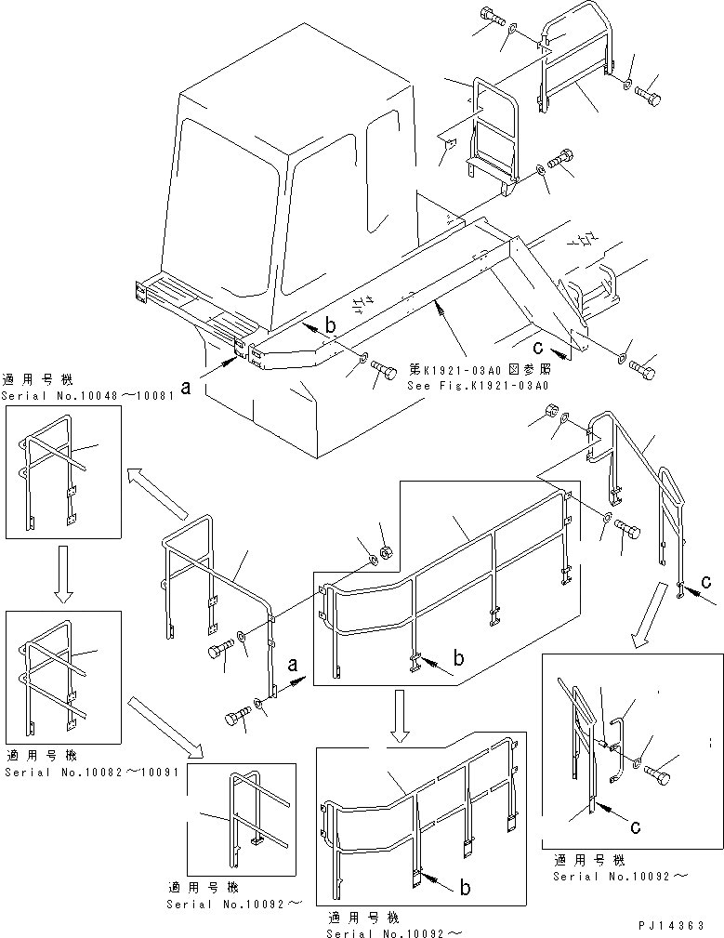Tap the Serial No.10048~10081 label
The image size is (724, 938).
click(x=61, y=395)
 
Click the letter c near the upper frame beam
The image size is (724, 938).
click(x=538, y=350)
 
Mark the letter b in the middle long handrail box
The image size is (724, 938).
click(x=458, y=659)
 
